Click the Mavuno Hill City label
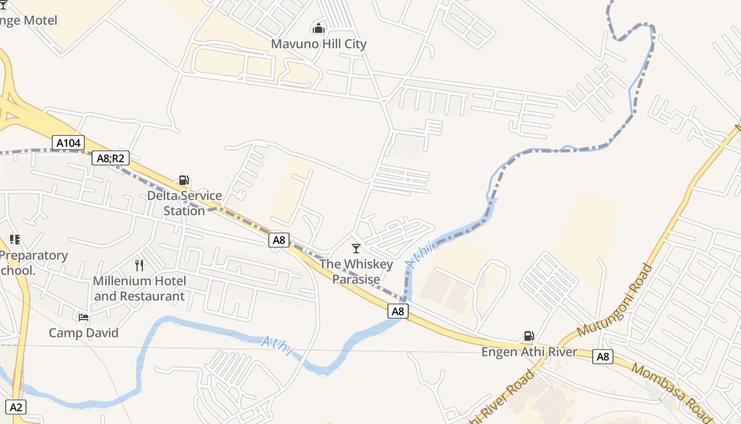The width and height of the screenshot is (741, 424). point(319,44)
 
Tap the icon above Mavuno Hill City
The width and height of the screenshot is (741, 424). point(319,28)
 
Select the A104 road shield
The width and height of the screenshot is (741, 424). point(69,143)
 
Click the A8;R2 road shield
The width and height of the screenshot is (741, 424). point(111,157)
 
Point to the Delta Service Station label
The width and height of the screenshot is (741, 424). point(184,203)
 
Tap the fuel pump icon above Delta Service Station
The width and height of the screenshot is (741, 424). point(184,180)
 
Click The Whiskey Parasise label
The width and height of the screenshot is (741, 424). point(356,271)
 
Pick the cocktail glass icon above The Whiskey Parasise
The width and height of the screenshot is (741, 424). point(356,248)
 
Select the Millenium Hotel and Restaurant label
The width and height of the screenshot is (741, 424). point(140,288)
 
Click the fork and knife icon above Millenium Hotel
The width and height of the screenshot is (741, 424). point(140,265)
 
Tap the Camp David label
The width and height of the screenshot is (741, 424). point(84,333)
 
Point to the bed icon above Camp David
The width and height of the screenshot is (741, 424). point(84,317)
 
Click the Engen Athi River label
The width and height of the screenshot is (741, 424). point(529,352)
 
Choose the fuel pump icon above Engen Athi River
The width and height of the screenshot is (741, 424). point(529,335)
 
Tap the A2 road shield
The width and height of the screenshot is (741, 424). point(16,407)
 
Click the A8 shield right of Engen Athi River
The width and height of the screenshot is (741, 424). point(603,357)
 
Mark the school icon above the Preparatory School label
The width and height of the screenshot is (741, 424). point(15,240)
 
